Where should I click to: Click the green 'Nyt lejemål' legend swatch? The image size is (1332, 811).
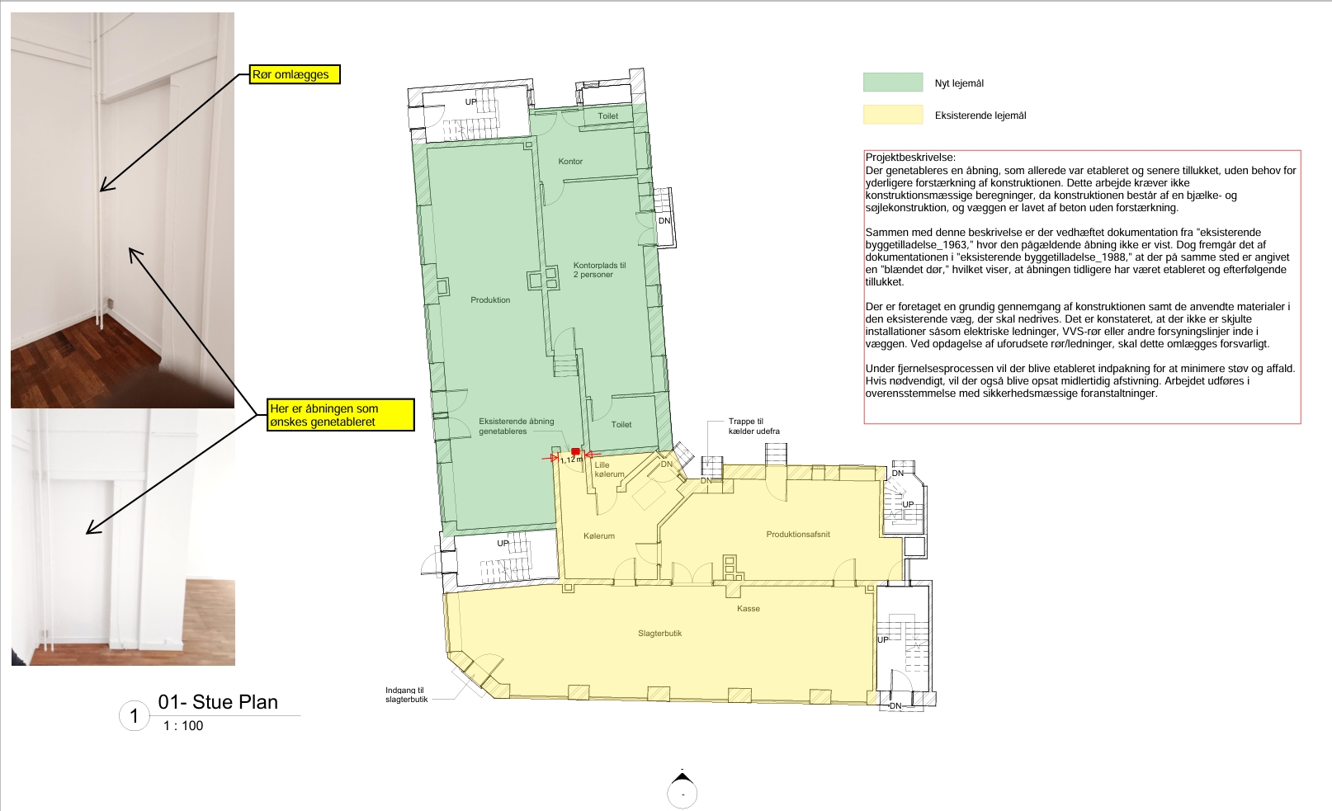pyautogui.click(x=893, y=82)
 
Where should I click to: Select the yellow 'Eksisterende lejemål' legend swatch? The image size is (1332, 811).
pyautogui.click(x=893, y=114)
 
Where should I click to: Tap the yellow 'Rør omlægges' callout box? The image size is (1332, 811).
pyautogui.click(x=295, y=74)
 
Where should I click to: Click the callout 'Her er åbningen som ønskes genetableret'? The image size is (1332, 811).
pyautogui.click(x=340, y=415)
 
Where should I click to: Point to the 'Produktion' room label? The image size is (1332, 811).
pyautogui.click(x=490, y=299)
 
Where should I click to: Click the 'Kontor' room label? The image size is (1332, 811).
pyautogui.click(x=570, y=161)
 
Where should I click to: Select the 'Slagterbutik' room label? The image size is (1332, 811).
pyautogui.click(x=659, y=634)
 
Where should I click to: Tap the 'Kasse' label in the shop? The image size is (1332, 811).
pyautogui.click(x=748, y=608)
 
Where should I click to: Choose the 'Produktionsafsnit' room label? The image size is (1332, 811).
pyautogui.click(x=798, y=534)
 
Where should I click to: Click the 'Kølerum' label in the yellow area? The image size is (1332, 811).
pyautogui.click(x=599, y=535)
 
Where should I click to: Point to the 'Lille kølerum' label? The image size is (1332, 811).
pyautogui.click(x=609, y=469)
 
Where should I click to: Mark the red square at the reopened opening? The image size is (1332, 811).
pyautogui.click(x=575, y=452)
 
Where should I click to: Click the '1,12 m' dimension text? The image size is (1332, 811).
pyautogui.click(x=571, y=459)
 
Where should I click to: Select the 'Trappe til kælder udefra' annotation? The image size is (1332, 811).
pyautogui.click(x=753, y=427)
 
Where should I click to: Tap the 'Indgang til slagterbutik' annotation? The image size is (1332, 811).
pyautogui.click(x=406, y=695)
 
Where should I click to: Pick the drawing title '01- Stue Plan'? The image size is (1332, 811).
pyautogui.click(x=218, y=701)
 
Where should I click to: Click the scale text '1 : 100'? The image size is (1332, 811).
pyautogui.click(x=183, y=725)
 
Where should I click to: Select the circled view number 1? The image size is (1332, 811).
pyautogui.click(x=135, y=716)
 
